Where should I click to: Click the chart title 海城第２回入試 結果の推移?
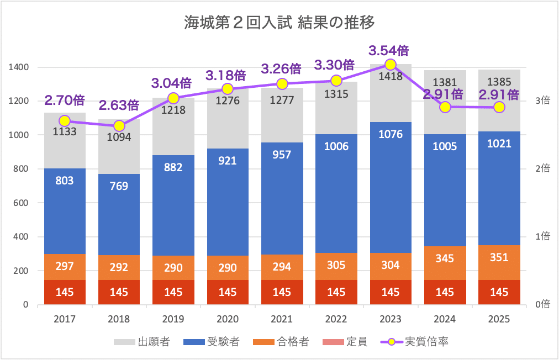(279, 23)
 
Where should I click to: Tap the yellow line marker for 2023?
(391, 65)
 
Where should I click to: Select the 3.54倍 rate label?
(389, 51)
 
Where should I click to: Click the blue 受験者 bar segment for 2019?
(173, 205)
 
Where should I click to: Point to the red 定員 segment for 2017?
(65, 292)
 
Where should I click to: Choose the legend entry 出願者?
(141, 342)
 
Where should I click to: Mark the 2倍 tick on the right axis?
(542, 168)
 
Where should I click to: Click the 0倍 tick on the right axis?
(542, 304)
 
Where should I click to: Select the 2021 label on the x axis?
(282, 319)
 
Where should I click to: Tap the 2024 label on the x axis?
(445, 319)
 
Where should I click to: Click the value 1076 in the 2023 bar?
(391, 134)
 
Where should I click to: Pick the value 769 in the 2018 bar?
(119, 186)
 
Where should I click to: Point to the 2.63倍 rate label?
(119, 105)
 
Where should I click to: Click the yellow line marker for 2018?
(119, 126)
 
